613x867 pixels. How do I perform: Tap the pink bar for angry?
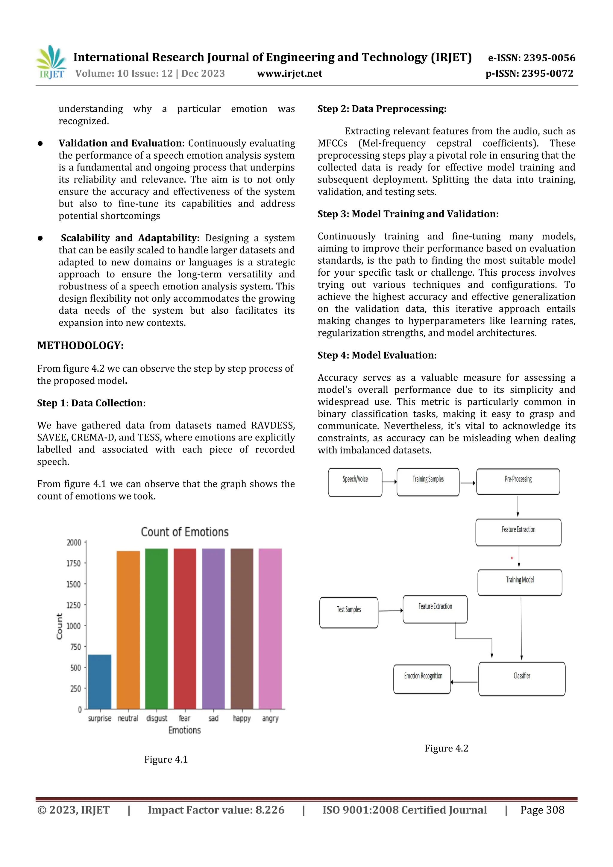pos(270,628)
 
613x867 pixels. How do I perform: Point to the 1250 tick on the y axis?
pos(74,605)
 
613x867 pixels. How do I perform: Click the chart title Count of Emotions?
pos(185,532)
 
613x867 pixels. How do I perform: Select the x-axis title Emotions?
pos(184,730)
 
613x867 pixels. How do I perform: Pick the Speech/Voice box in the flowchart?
pos(355,482)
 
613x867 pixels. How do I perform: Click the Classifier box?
pos(522,679)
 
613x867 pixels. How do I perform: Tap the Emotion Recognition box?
pos(422,679)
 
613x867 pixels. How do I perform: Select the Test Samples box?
pos(349,613)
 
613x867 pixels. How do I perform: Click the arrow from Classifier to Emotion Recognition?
pos(464,682)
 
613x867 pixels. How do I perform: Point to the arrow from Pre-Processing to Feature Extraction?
pos(518,506)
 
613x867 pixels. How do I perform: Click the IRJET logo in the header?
pos(51,62)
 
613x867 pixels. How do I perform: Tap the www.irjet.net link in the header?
pos(289,74)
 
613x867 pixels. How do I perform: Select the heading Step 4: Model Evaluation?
pos(377,355)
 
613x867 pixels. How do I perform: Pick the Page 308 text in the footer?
pos(542,810)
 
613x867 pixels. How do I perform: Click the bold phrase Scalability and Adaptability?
pos(130,238)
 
